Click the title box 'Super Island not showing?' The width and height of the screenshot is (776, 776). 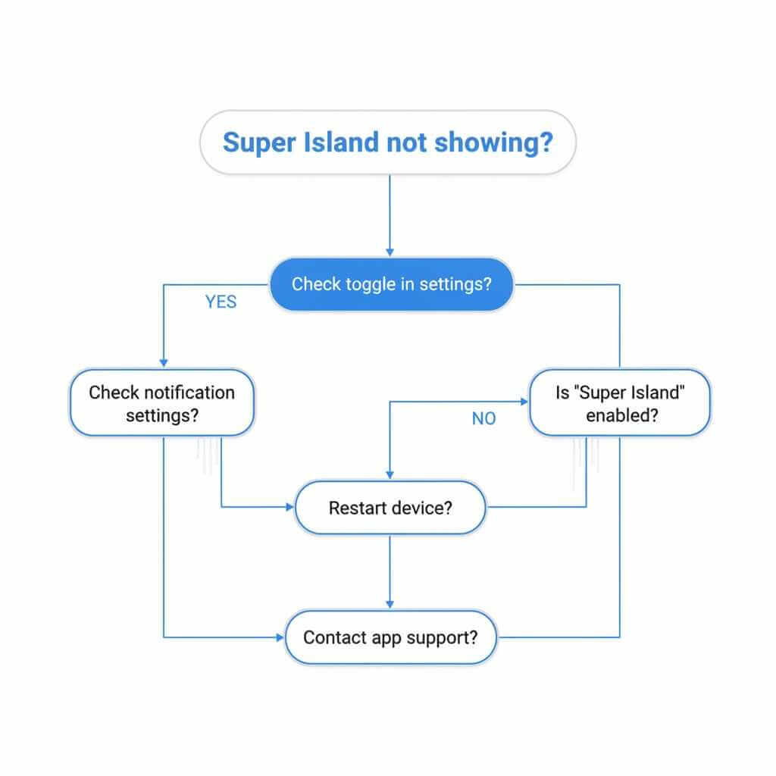tap(387, 142)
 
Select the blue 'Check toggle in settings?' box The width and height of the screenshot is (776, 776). tap(391, 284)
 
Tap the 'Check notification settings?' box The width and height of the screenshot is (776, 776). tap(161, 403)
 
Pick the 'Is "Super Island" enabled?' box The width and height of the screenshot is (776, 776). tap(619, 403)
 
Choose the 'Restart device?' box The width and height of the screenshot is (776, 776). tap(390, 507)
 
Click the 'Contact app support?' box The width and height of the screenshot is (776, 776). tap(390, 637)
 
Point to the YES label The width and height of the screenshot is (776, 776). tap(221, 302)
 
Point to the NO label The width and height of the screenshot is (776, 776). tap(483, 418)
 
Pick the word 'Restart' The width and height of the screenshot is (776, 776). tap(357, 507)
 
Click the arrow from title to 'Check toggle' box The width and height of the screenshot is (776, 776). tap(390, 216)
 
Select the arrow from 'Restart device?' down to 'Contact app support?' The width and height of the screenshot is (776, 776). tap(390, 572)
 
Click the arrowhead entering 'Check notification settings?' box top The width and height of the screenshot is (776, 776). tap(164, 364)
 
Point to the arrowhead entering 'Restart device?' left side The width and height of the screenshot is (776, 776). tap(289, 507)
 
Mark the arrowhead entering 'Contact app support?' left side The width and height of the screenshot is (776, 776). tap(279, 637)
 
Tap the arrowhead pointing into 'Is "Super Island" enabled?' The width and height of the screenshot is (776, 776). tap(524, 402)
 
